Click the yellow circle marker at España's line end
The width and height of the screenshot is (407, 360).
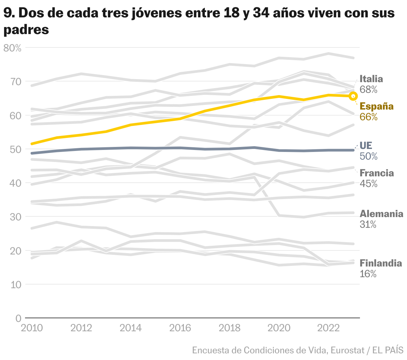click(x=353, y=96)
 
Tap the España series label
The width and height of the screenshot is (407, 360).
click(x=377, y=107)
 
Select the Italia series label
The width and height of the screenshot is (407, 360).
click(x=371, y=79)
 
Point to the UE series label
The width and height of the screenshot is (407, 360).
click(x=366, y=146)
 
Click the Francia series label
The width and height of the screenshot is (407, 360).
click(x=377, y=173)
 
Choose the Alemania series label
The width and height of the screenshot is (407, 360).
click(x=381, y=214)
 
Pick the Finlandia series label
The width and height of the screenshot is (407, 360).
click(x=381, y=263)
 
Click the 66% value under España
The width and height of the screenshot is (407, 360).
click(x=369, y=117)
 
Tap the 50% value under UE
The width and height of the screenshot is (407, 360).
click(x=369, y=156)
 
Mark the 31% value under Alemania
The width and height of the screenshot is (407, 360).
click(x=368, y=224)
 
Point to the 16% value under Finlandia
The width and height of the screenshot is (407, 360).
click(x=368, y=274)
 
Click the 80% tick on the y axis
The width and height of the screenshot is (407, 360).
click(x=12, y=48)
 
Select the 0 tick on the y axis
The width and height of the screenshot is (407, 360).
click(x=18, y=318)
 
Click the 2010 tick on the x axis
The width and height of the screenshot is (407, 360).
click(x=32, y=328)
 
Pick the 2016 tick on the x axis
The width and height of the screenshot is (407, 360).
click(x=180, y=328)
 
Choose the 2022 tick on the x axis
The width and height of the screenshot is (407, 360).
click(x=328, y=328)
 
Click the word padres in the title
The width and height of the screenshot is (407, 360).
click(x=26, y=30)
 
